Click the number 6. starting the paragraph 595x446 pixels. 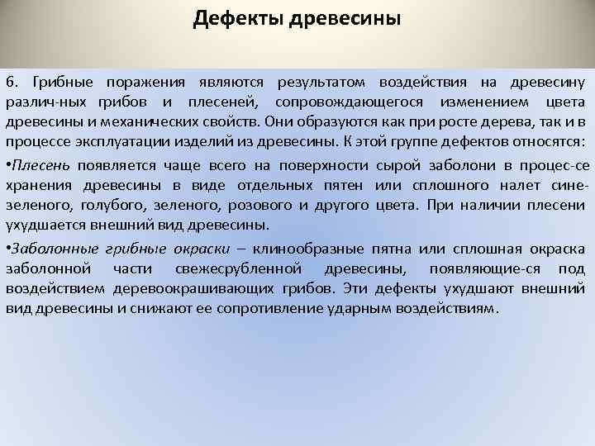tap(12, 83)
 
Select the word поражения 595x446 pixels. tap(145, 83)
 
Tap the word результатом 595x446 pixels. tap(319, 83)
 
